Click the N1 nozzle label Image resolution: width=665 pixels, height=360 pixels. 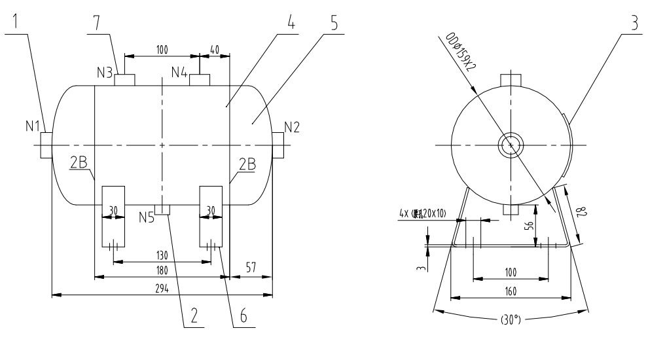tap(34, 126)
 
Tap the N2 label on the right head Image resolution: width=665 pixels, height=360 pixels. tap(292, 126)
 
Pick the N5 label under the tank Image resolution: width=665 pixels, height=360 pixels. tap(147, 217)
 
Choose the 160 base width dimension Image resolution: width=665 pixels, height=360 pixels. tap(511, 292)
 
